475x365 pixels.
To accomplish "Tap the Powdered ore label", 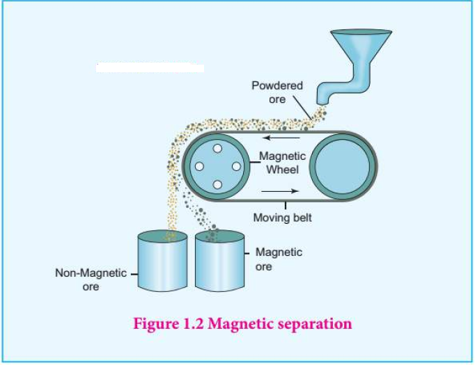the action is tap(277, 92).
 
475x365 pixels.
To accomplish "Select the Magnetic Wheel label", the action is tap(282, 163).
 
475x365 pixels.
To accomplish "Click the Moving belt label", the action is tap(282, 218).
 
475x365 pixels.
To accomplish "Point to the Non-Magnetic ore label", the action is tap(91, 279).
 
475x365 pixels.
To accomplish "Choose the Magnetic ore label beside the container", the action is tap(279, 259).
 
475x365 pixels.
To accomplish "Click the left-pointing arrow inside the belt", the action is tap(281, 138).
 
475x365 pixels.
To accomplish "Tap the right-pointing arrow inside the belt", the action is tap(280, 190).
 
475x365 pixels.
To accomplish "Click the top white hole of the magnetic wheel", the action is tap(217, 149).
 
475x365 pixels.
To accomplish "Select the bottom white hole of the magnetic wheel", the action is tap(217, 184).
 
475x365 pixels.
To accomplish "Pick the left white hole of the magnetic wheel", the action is tap(199, 166).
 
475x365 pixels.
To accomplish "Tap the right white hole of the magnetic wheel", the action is tap(236, 166).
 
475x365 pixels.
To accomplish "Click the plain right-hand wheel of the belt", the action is tap(343, 167).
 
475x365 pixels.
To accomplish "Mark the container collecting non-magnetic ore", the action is tap(162, 261).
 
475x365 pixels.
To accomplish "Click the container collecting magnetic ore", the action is tap(219, 261).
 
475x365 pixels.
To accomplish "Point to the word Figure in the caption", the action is tap(156, 324).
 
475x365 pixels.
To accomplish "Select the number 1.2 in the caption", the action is tap(193, 323).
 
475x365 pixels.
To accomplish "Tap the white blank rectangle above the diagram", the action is tap(150, 68).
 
